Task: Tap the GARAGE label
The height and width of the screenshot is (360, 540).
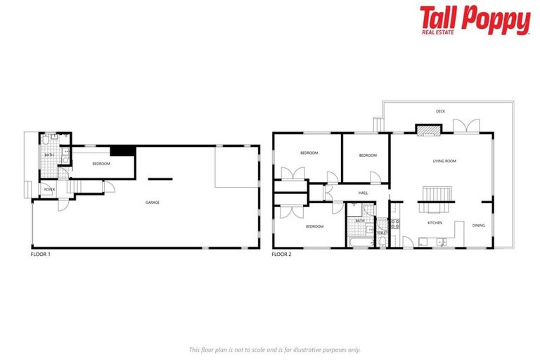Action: (153, 202)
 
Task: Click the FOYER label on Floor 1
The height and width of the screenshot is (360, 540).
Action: (49, 189)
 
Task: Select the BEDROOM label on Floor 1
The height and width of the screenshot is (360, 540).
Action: (101, 164)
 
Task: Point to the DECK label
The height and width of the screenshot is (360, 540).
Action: (440, 111)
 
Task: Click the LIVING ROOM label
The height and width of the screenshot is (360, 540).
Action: (444, 161)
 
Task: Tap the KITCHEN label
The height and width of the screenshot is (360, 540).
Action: (435, 224)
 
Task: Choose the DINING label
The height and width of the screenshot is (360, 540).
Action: (479, 226)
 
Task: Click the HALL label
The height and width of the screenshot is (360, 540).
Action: (363, 193)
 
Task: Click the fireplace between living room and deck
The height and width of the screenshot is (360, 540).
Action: (427, 129)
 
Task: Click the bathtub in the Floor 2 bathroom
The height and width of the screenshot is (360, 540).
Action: (359, 242)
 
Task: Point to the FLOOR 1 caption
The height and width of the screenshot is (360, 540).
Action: (41, 254)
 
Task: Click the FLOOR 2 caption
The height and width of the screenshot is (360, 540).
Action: (281, 254)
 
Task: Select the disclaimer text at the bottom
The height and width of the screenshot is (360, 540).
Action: (274, 349)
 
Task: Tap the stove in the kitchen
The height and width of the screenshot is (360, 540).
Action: (394, 225)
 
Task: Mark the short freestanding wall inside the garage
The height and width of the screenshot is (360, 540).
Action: (160, 177)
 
